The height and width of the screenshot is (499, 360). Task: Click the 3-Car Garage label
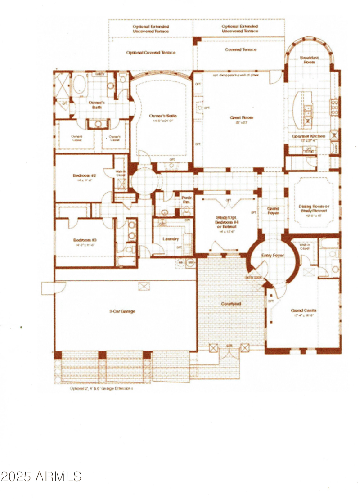coord(122,311)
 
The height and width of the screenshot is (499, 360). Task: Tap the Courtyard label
coord(231,304)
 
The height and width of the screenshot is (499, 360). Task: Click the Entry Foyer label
coord(273,256)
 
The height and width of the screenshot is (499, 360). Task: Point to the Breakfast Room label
coord(310,60)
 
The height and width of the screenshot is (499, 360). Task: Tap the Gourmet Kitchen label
coord(308,136)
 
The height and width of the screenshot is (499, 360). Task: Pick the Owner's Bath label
coord(96,105)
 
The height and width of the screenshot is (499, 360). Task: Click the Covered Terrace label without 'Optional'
coord(241,49)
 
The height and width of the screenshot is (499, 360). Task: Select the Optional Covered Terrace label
coord(151,53)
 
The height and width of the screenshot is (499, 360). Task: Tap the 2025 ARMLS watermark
coord(41,476)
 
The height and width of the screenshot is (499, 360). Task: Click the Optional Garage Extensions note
coord(101,387)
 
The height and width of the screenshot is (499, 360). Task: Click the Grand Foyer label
coord(273,211)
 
